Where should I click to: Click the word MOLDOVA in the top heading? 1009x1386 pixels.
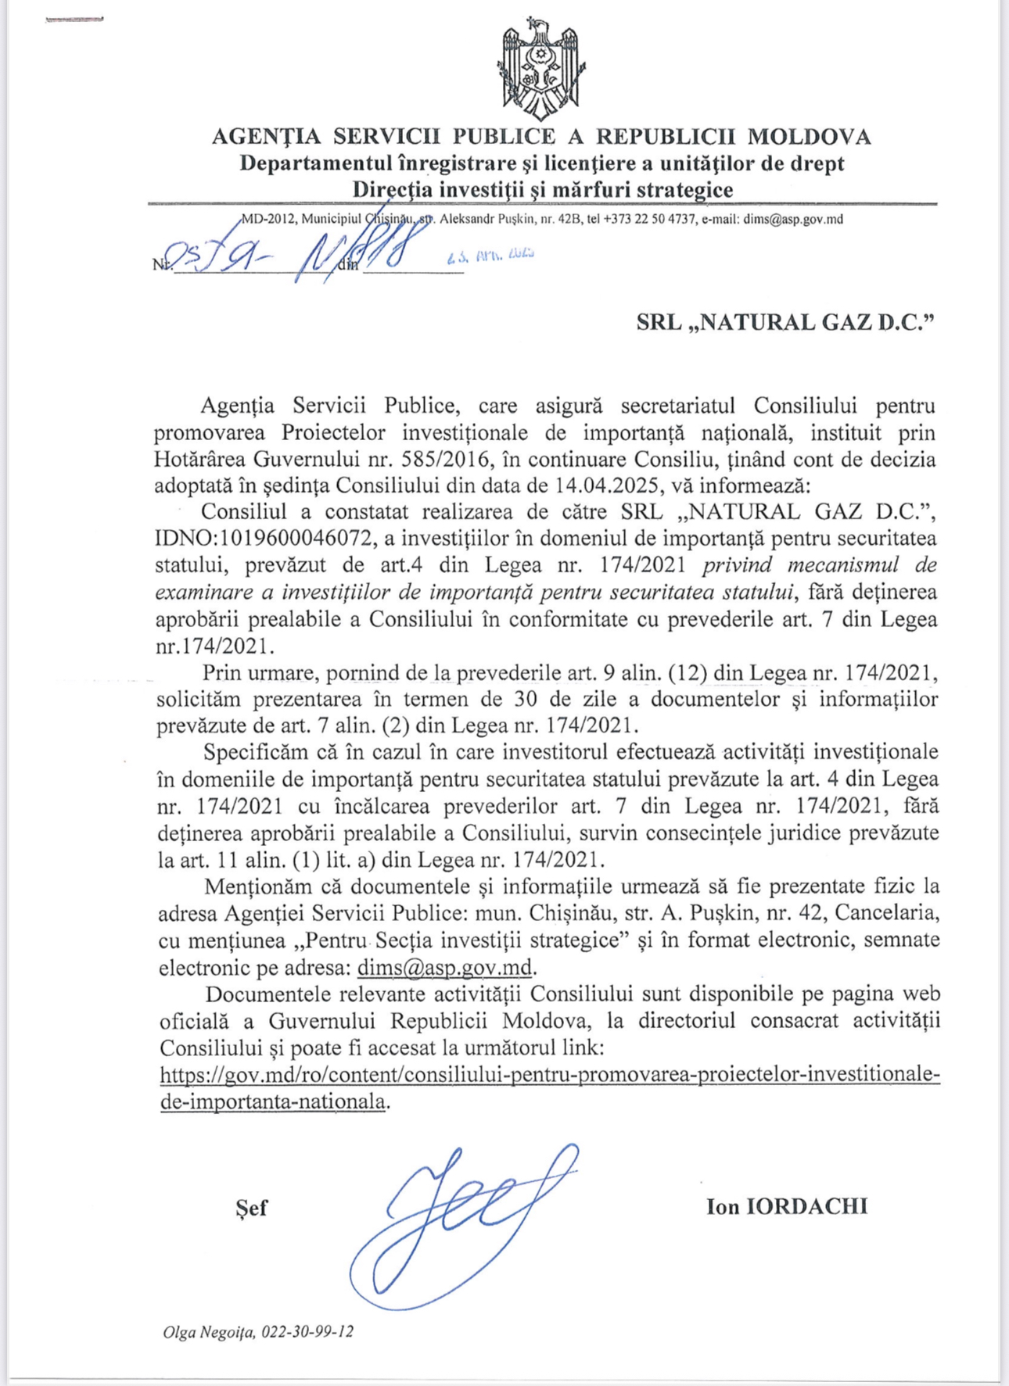click(809, 137)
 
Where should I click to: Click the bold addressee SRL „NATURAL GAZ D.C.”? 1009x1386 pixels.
click(785, 322)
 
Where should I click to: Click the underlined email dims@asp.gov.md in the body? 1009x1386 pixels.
click(444, 967)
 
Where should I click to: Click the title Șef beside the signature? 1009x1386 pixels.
click(251, 1208)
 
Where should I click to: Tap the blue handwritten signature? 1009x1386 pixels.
click(461, 1219)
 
